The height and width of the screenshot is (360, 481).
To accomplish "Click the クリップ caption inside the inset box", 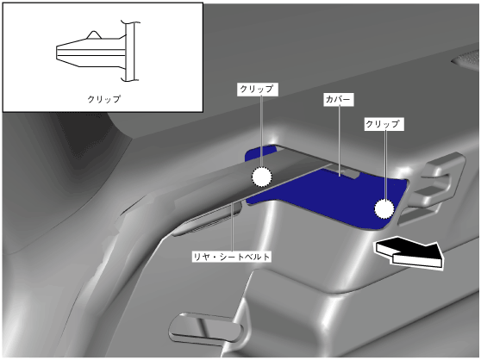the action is tap(104, 99).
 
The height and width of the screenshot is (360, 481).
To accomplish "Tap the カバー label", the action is tap(339, 100).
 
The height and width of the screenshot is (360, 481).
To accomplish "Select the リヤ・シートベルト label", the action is tap(232, 257).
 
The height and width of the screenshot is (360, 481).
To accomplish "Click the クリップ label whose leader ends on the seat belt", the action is tap(258, 90).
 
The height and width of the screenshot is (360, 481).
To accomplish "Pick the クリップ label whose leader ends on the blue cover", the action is tap(384, 124).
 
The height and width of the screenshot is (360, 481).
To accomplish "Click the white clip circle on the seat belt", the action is tap(262, 177).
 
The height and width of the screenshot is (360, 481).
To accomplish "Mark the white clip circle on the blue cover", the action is tap(384, 208).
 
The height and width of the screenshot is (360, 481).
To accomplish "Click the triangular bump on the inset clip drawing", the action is tap(94, 35).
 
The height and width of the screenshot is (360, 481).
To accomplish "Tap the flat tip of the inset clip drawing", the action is tap(57, 52).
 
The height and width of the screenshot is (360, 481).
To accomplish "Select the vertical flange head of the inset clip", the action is tap(130, 51).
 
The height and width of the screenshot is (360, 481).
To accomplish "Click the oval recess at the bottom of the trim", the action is tap(205, 328).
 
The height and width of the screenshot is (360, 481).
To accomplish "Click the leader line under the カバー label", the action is tap(340, 141).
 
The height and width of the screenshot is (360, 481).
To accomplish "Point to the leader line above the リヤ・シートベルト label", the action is tap(232, 227).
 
